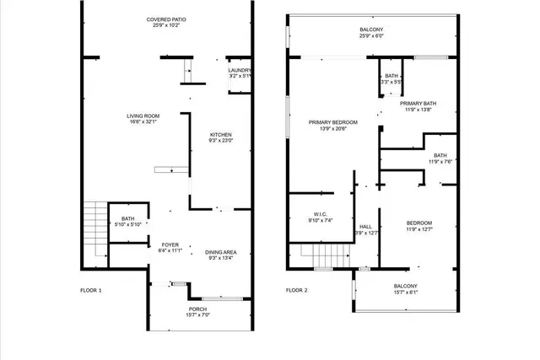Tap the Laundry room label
[240, 73]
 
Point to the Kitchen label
[220, 137]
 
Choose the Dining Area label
[220, 255]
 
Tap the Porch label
[197, 312]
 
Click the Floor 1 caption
[91, 290]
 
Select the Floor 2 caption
[296, 290]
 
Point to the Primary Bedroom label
[332, 126]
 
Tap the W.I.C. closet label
[320, 217]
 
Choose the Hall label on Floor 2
[366, 229]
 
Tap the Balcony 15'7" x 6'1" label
[406, 288]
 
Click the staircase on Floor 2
[322, 254]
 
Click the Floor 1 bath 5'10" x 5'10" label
[127, 221]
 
